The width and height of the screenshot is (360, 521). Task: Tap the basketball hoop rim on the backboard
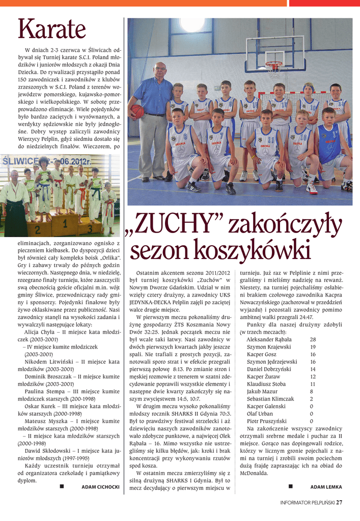click(273, 64)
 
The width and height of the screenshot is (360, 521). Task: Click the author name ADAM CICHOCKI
click(100, 487)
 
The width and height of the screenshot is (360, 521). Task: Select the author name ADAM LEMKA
click(326, 487)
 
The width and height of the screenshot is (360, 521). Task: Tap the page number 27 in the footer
click(339, 503)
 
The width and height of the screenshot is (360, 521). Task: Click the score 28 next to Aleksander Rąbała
click(313, 339)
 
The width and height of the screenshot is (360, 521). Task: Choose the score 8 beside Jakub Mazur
click(311, 392)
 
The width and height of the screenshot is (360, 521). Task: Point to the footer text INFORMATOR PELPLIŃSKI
click(307, 503)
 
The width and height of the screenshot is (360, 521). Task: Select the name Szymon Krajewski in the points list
click(269, 346)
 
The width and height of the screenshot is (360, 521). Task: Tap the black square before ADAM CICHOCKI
click(62, 486)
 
